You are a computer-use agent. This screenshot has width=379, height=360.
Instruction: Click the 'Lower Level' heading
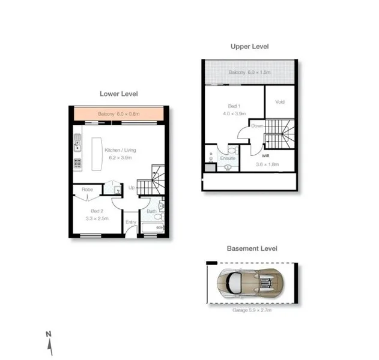point(119,94)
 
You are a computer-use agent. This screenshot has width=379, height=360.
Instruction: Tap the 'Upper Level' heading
point(249,46)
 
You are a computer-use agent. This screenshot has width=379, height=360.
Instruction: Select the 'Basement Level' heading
point(252,248)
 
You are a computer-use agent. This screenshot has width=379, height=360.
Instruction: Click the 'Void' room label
point(279,101)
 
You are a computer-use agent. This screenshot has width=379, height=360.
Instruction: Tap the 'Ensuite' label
point(228,158)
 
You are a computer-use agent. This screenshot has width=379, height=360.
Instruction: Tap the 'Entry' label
point(130,221)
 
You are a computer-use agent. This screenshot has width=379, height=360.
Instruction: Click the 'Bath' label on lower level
point(151,211)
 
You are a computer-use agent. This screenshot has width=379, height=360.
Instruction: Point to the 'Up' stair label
point(132,187)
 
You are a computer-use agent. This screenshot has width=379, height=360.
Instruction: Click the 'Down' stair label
point(257,126)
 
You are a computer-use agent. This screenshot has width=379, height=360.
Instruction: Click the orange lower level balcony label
point(118,114)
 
